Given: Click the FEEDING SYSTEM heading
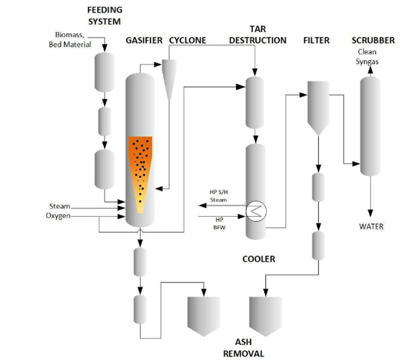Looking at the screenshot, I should pos(105,15).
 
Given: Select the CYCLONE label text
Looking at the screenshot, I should pos(187,40).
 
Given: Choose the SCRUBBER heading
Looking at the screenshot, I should pos(373,40).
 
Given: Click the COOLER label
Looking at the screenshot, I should pos(258,259).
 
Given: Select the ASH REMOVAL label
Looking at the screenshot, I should pos(243,348).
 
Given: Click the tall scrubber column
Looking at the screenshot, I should pos(370,124).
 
